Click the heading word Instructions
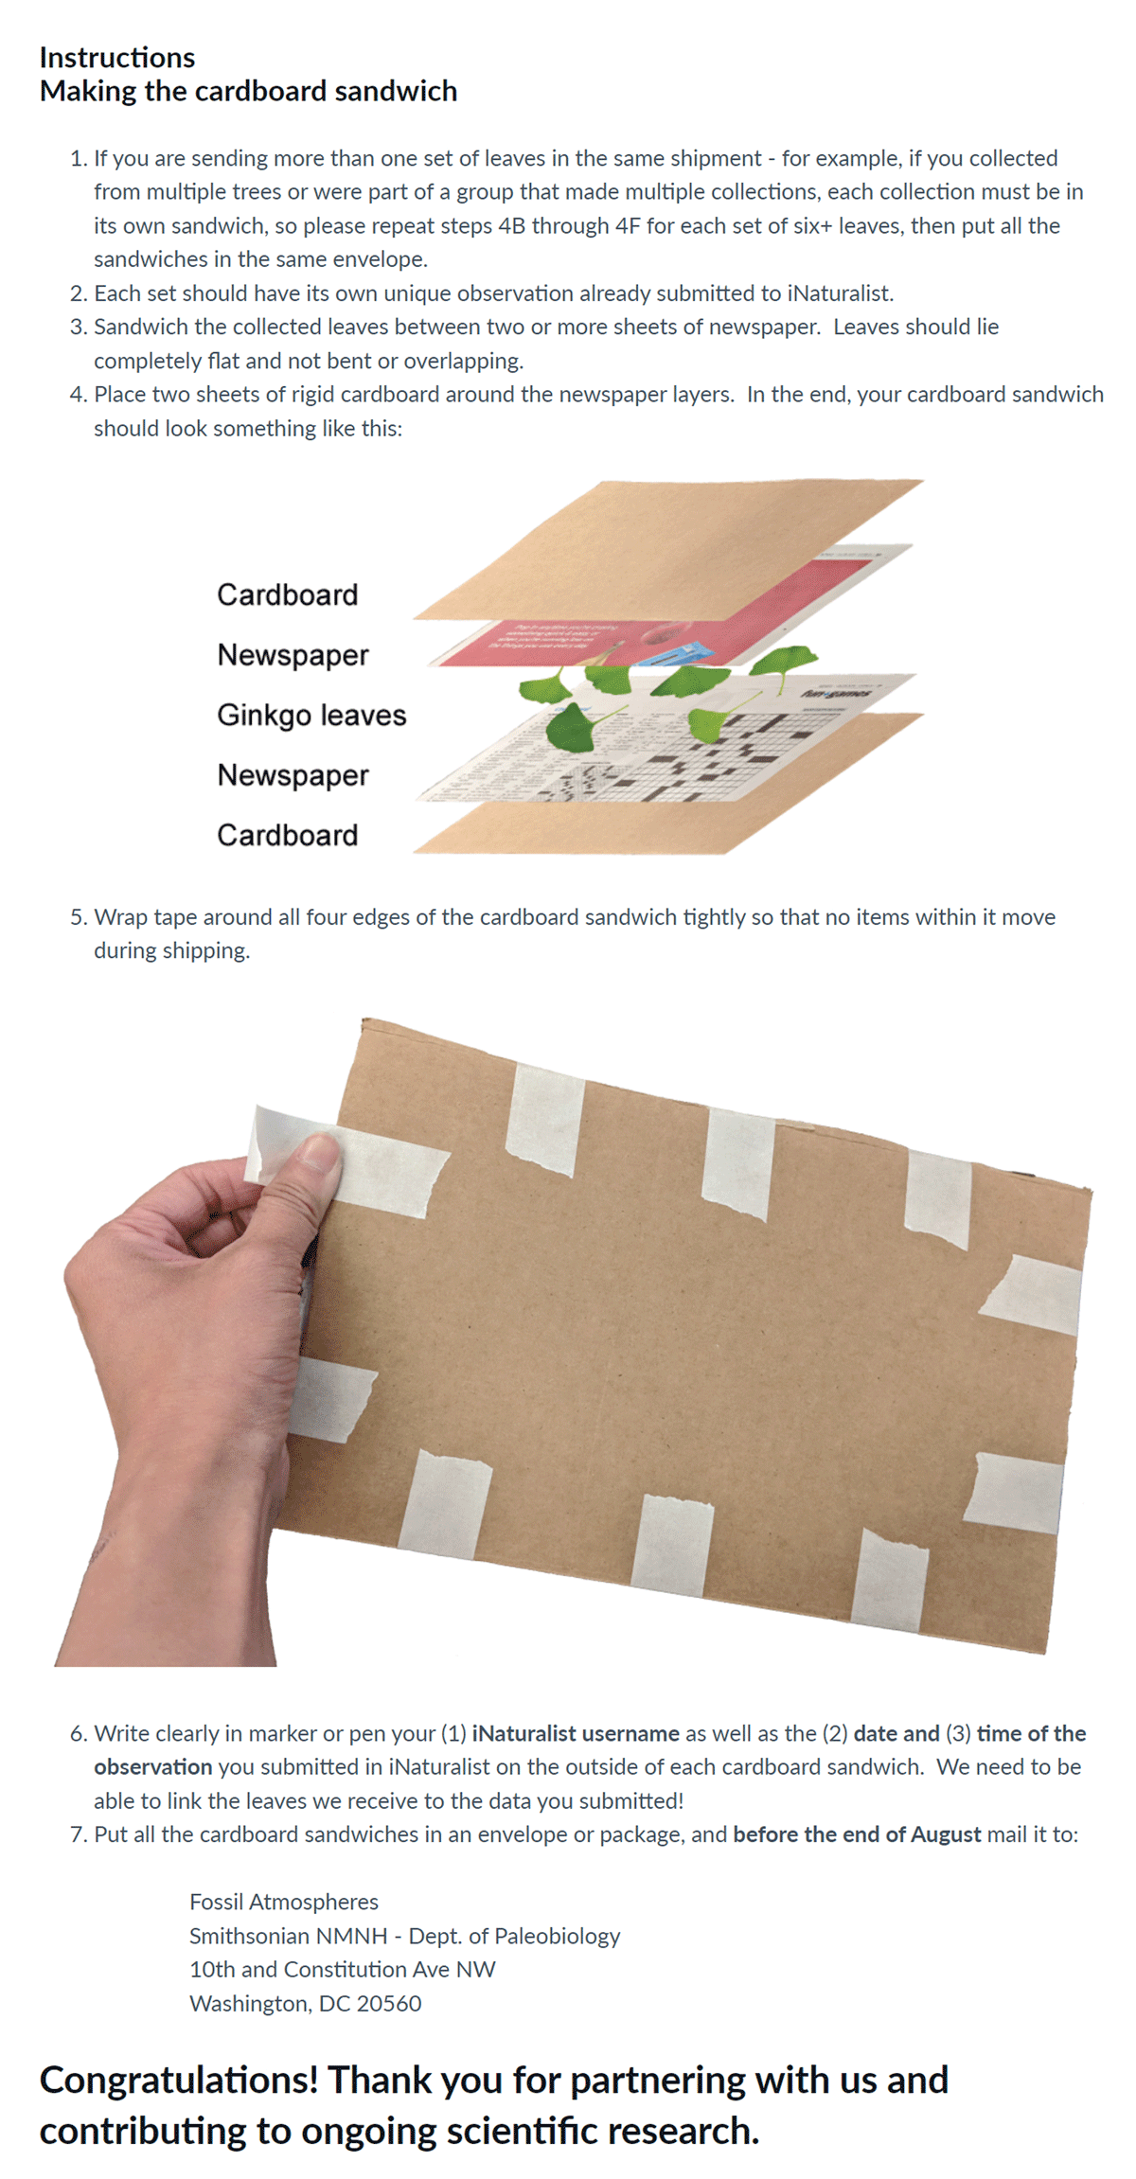click(117, 58)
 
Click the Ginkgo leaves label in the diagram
click(311, 715)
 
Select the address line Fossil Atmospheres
click(284, 1902)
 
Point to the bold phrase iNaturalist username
click(576, 1733)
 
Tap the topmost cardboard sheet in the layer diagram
click(667, 549)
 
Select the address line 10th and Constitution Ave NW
click(343, 1970)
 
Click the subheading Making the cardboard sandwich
click(248, 91)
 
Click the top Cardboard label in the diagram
click(288, 594)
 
